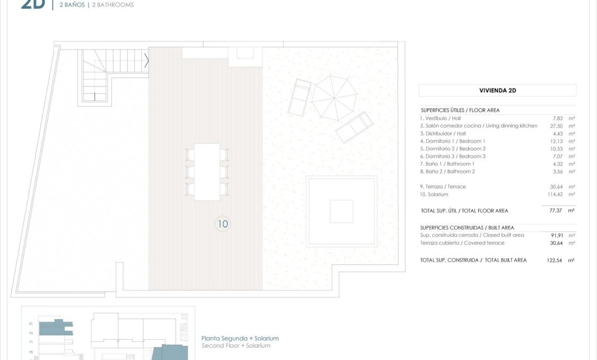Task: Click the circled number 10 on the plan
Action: pyautogui.click(x=223, y=224)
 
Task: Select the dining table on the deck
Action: pyautogui.click(x=207, y=172)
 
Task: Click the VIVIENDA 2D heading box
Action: pyautogui.click(x=497, y=90)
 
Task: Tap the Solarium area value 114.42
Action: pyautogui.click(x=554, y=194)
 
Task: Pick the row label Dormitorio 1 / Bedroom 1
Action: pyautogui.click(x=453, y=141)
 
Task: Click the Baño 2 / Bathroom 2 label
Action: pyautogui.click(x=447, y=172)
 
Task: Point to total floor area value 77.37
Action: pyautogui.click(x=556, y=211)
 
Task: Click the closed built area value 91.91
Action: pyautogui.click(x=556, y=235)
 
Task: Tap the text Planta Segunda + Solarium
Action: pyautogui.click(x=240, y=338)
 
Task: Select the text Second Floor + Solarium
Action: pyautogui.click(x=236, y=346)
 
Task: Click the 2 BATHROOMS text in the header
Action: pyautogui.click(x=111, y=5)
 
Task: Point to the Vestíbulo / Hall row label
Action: pyautogui.click(x=440, y=118)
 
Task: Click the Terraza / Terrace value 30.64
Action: pyautogui.click(x=556, y=187)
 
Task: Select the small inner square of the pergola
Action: pyautogui.click(x=341, y=211)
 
